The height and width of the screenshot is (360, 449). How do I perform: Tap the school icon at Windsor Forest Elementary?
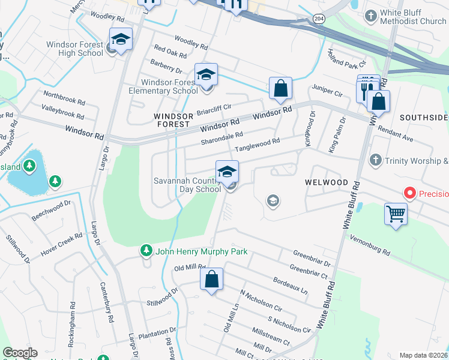[x=206, y=75]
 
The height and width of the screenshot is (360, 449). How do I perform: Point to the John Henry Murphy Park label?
[x=201, y=252]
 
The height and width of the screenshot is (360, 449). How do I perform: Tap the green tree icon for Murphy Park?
[x=145, y=249]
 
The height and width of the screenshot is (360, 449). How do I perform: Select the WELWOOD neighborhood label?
[x=326, y=182]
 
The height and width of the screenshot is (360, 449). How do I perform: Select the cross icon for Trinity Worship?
[x=375, y=160]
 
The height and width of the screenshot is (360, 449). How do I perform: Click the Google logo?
[x=20, y=352]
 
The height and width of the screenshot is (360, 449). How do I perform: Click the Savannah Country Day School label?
[x=187, y=184]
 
